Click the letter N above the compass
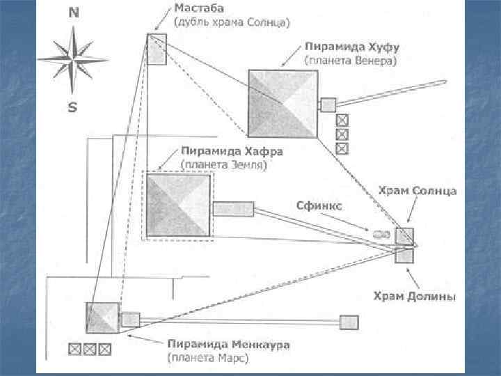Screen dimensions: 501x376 click(x=72, y=13)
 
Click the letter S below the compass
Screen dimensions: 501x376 click(x=72, y=108)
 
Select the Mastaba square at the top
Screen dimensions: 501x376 click(x=157, y=49)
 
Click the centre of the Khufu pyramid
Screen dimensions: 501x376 click(x=282, y=103)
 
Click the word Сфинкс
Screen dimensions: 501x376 click(x=319, y=205)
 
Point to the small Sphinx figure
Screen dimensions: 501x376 click(x=381, y=235)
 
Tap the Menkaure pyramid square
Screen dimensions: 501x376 click(x=102, y=319)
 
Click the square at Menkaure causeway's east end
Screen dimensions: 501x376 click(x=349, y=322)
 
